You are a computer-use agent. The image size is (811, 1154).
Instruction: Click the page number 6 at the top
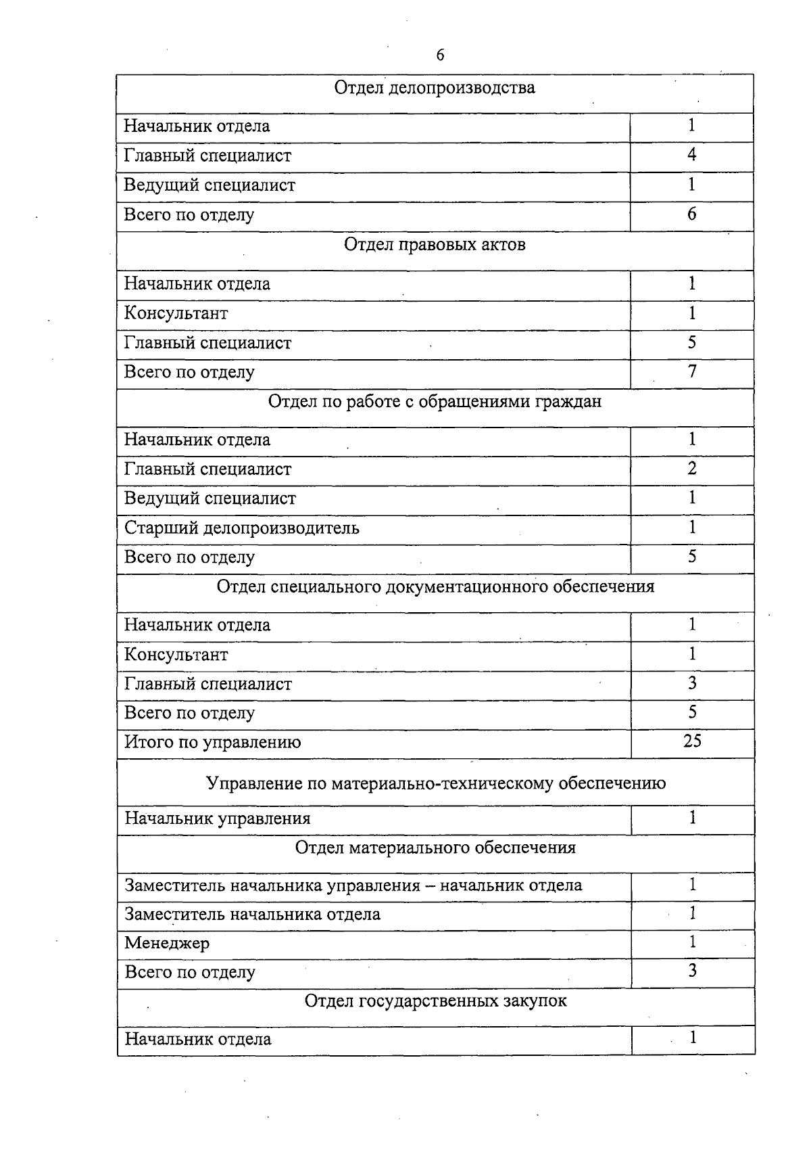pos(441,55)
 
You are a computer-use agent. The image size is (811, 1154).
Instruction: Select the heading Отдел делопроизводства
pos(435,88)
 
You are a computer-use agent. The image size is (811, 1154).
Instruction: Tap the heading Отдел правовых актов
pos(435,245)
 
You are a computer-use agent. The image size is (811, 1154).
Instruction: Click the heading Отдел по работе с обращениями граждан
pos(435,402)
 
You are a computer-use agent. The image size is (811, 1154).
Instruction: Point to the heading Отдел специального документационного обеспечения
pos(435,586)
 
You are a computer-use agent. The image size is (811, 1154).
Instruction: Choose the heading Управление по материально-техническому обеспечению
pos(435,783)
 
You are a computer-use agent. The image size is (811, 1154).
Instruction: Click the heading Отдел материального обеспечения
pos(435,848)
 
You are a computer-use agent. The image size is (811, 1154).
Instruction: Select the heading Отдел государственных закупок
pos(435,1001)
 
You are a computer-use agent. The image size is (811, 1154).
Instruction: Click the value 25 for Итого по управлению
pos(692,741)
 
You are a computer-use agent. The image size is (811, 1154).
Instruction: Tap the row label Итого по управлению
pos(213,743)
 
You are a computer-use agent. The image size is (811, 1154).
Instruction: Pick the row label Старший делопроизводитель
pos(242,528)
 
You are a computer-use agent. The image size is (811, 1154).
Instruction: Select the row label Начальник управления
pos(218,819)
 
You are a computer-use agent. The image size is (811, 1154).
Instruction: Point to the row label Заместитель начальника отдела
pos(253,915)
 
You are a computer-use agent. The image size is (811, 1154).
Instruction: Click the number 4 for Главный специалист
pos(691,155)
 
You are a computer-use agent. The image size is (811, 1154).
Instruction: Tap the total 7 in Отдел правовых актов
pos(692,371)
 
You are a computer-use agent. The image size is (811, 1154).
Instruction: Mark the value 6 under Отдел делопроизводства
pos(691,214)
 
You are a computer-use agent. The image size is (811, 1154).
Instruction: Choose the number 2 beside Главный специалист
pos(692,469)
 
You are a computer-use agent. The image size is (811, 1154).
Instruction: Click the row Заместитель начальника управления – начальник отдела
pos(353,885)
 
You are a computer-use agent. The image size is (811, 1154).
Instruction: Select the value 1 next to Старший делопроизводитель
pos(692,528)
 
